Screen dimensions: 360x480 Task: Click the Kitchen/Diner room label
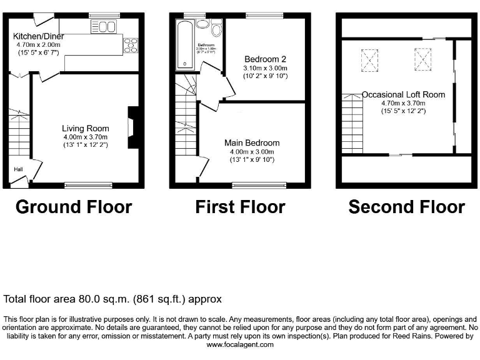tap(39, 36)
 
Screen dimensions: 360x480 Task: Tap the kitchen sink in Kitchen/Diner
tap(106, 26)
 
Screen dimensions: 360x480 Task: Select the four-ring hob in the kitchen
tap(132, 45)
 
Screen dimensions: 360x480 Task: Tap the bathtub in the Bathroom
tap(186, 44)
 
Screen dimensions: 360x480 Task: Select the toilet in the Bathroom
tap(216, 29)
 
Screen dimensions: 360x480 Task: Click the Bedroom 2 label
tap(265, 59)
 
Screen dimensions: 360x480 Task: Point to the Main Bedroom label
tap(252, 143)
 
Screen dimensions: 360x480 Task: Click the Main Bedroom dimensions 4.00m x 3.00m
tap(252, 151)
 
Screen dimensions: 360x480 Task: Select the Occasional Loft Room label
tap(403, 95)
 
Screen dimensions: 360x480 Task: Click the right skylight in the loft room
tap(422, 58)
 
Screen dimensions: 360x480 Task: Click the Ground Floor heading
tap(74, 207)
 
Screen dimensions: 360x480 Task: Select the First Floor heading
tap(240, 207)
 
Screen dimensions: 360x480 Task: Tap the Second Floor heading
tap(406, 207)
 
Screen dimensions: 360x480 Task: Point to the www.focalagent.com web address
tap(240, 344)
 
